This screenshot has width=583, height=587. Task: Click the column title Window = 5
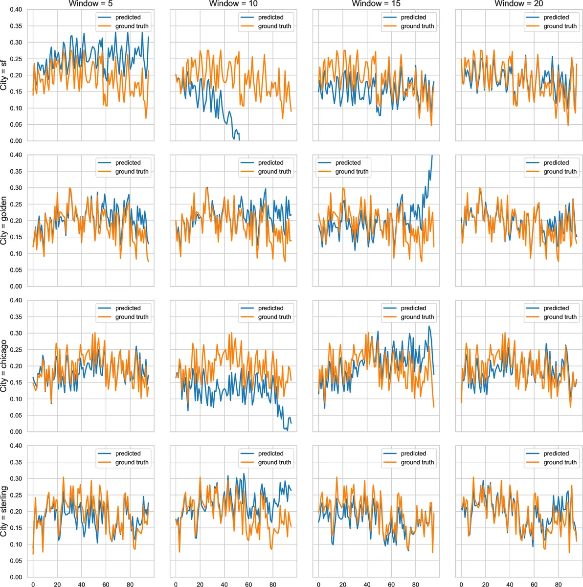point(90,4)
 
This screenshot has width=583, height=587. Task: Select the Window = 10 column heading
point(233,4)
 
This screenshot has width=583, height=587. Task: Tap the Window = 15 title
point(376,4)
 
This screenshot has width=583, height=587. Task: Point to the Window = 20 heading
point(519,4)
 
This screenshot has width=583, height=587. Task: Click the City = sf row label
point(4,75)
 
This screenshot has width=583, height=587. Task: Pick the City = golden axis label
point(4,221)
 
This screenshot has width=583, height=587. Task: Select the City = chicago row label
point(4,366)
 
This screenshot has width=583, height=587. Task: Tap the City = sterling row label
point(4,511)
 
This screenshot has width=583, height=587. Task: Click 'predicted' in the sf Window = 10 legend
point(270,17)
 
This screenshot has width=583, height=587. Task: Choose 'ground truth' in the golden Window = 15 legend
point(352,172)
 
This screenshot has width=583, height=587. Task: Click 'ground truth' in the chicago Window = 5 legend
point(132,317)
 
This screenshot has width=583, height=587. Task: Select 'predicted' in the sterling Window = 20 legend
point(556,453)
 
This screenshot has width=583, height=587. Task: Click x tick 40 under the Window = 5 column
point(81,584)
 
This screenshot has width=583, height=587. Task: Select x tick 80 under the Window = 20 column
point(558,584)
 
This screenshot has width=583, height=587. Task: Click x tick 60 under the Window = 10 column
point(248,584)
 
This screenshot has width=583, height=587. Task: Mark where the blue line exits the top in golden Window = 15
point(432,156)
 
